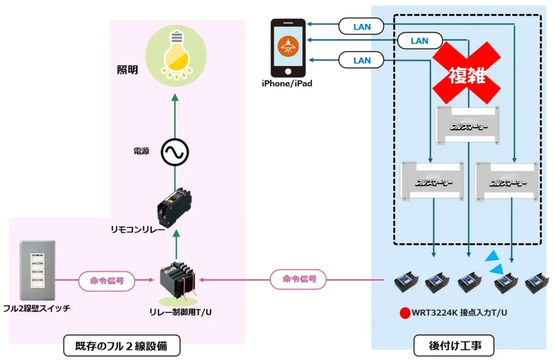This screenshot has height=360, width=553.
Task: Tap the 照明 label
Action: (x=127, y=70)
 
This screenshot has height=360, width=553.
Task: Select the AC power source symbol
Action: (x=174, y=153)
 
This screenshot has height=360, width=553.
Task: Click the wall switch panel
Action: (x=37, y=270)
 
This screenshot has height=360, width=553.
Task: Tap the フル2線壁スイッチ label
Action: (x=37, y=309)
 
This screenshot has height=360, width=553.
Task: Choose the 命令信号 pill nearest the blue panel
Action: (x=298, y=280)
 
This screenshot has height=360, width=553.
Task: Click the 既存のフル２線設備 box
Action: (x=122, y=346)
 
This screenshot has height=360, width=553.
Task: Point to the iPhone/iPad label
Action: (x=287, y=84)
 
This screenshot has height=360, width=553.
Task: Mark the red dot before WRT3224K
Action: (x=403, y=313)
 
